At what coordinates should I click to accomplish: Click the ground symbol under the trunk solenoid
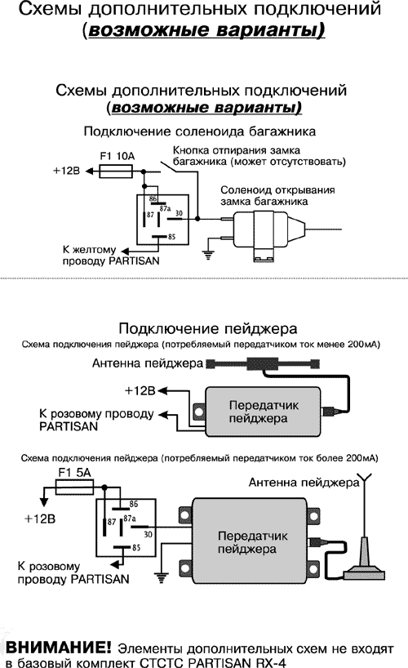click(207, 254)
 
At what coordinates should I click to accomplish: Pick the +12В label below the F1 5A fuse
click(41, 519)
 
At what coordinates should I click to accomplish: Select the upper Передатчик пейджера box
click(257, 412)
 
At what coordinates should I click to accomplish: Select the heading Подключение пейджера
click(206, 329)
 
